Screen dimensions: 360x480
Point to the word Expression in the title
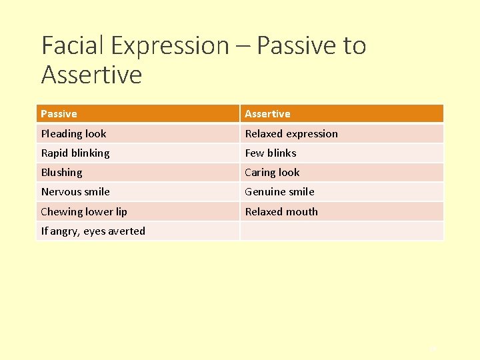[x=170, y=45]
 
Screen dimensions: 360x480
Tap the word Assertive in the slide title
[x=91, y=74]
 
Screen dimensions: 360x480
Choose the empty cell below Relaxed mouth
[x=341, y=231]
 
